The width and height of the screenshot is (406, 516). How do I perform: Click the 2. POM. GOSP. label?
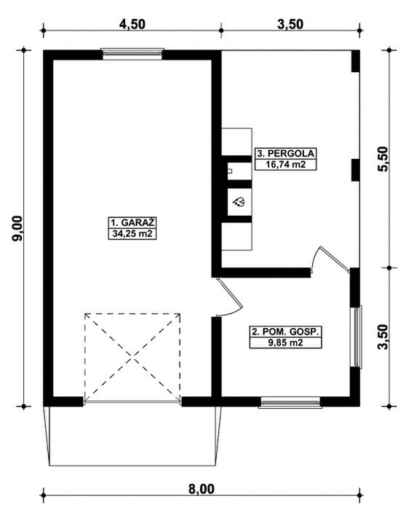coord(285,331)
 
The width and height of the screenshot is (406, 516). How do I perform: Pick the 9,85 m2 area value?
coord(285,343)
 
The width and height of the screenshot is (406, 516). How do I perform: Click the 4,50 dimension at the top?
coord(132,23)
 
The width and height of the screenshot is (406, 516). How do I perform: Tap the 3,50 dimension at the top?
coord(290,23)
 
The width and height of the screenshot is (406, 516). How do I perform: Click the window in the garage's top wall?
coord(132,53)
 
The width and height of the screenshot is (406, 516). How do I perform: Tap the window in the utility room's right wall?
coord(357,337)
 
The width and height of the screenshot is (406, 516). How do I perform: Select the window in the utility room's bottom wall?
coord(290,401)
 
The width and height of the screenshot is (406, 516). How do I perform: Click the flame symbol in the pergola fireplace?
coord(238,203)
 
